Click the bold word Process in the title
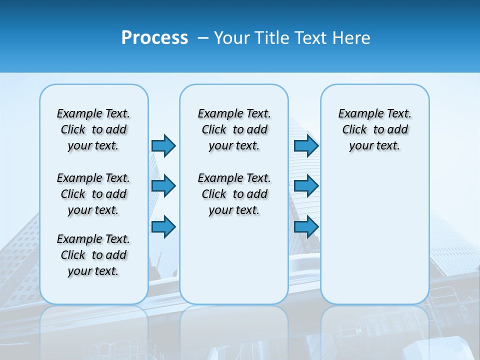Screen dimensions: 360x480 coord(154,38)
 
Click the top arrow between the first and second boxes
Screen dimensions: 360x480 coord(163,145)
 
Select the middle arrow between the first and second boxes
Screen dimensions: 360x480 coord(163,186)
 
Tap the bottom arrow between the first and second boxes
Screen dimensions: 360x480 coord(163,226)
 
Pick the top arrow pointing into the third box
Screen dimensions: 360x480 coord(306,145)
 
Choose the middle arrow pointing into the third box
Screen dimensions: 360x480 coord(306,186)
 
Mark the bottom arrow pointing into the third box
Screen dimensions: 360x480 coord(306,226)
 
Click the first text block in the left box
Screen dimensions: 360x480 coord(93,129)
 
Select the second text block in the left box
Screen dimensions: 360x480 coord(93,194)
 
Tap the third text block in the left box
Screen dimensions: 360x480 coord(93,255)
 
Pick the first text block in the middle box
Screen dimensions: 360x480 coord(234,129)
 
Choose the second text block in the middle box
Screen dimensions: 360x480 coord(234,194)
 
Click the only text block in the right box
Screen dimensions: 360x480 coord(374,129)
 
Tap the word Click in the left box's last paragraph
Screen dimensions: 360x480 coord(73,255)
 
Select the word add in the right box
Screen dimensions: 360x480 coord(398,130)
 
